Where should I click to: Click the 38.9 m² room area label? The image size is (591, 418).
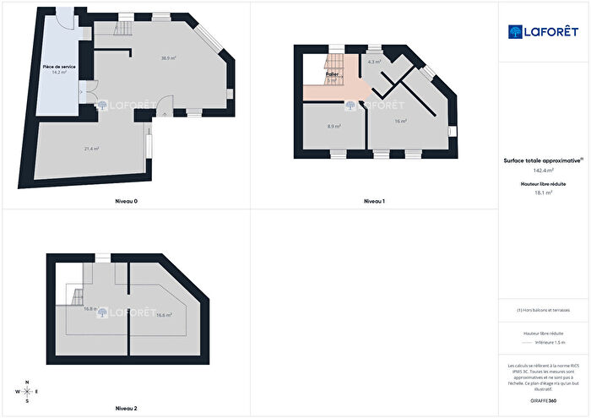click(168, 58)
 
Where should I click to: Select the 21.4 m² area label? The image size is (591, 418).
click(91, 149)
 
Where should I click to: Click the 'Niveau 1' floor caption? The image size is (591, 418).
click(374, 201)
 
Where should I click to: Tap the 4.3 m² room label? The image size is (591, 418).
click(374, 62)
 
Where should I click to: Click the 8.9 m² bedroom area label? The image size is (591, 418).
click(333, 127)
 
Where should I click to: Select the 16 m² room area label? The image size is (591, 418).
click(400, 122)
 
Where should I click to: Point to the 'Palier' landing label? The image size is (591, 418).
click(332, 74)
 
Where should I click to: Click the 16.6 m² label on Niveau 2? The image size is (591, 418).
click(164, 315)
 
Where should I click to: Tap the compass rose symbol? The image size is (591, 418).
click(28, 391)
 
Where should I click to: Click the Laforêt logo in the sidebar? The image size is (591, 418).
click(543, 31)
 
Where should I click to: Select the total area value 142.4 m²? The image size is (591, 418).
click(543, 170)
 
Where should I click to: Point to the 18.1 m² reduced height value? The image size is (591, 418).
click(543, 193)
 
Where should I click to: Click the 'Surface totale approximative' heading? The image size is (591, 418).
click(542, 160)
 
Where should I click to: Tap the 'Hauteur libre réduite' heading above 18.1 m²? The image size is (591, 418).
click(543, 183)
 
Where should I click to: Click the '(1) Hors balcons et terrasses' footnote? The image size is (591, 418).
click(543, 311)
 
